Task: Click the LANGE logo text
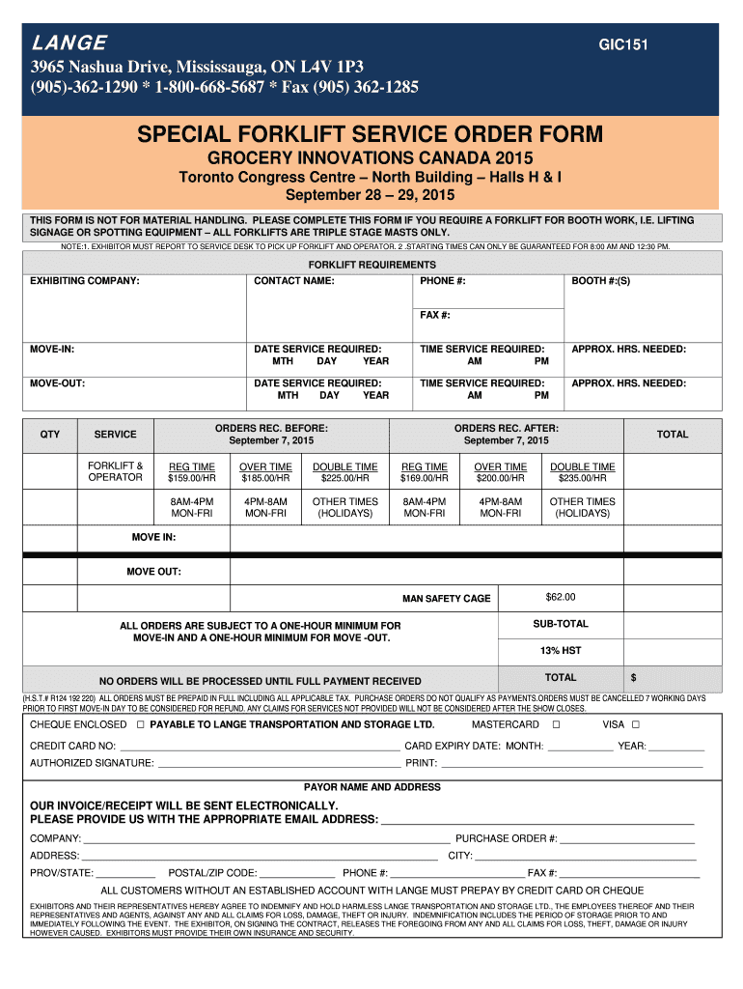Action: (69, 42)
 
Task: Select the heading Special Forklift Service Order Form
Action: (371, 133)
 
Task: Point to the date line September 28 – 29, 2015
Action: (371, 196)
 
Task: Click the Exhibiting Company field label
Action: (85, 281)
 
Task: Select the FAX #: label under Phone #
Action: (435, 315)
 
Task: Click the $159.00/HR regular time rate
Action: (192, 478)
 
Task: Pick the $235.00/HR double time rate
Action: (582, 478)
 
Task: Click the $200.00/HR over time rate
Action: (501, 478)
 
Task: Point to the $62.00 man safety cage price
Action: (560, 597)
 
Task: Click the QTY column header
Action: (49, 434)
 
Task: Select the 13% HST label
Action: (560, 650)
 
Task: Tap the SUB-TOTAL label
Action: (560, 624)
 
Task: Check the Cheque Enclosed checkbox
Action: (141, 724)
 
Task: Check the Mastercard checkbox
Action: (556, 724)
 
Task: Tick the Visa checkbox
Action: (636, 724)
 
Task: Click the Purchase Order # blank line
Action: (627, 838)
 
